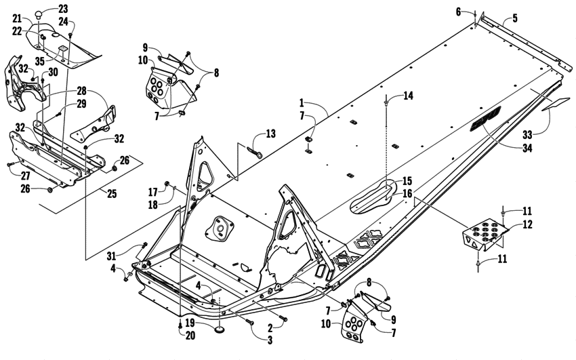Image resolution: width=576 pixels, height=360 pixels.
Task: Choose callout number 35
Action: (41, 61)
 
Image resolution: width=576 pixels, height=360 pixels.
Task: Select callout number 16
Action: (407, 193)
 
